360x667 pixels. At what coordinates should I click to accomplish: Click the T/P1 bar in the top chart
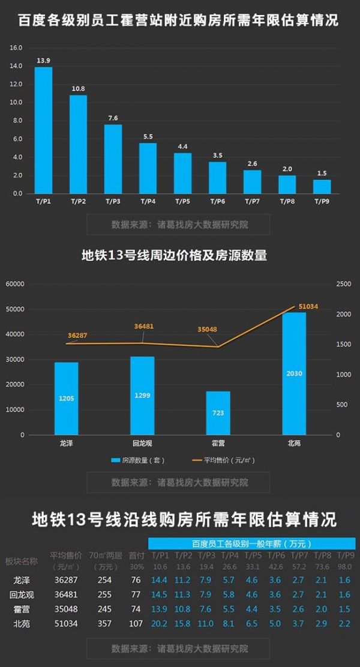43,130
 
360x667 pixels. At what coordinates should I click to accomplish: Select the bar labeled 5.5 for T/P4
148,168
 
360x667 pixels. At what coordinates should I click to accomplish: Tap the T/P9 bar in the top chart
322,187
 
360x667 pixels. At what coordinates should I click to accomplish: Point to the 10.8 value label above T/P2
78,89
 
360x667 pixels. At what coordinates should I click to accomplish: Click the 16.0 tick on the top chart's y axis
16,47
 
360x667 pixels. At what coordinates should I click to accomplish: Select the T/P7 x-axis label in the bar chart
252,202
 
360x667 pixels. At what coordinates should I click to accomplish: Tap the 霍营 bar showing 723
218,413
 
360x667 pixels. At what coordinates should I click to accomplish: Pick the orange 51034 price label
308,306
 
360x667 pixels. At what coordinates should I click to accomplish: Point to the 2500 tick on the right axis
343,284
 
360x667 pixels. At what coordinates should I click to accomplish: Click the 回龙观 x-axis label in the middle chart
142,443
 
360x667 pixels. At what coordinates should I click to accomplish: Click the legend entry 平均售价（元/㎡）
223,460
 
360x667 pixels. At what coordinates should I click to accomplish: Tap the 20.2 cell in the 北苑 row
160,624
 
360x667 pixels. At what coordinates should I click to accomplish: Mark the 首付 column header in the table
137,555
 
